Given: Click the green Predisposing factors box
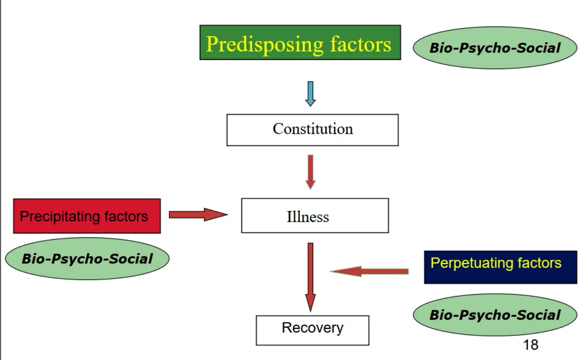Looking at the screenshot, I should point(300,42).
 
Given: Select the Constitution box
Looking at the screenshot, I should point(313,130).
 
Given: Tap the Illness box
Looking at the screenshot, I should point(315,215).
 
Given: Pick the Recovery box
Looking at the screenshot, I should point(313,330).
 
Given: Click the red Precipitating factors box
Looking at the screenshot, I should point(87,216).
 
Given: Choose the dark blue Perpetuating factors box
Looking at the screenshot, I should point(501,267).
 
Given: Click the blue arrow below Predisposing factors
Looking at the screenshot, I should point(311,94).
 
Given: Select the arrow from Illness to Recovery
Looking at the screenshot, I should point(311,276).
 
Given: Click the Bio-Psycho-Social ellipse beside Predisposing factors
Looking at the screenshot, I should point(495,48).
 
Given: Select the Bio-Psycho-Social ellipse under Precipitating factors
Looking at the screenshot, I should point(87,259).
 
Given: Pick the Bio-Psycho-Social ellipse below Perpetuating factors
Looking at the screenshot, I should point(495,315).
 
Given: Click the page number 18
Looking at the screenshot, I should point(531,345).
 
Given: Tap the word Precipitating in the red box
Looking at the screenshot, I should point(59,216).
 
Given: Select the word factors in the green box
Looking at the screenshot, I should point(361,44).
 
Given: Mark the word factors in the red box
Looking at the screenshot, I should point(126,216).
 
